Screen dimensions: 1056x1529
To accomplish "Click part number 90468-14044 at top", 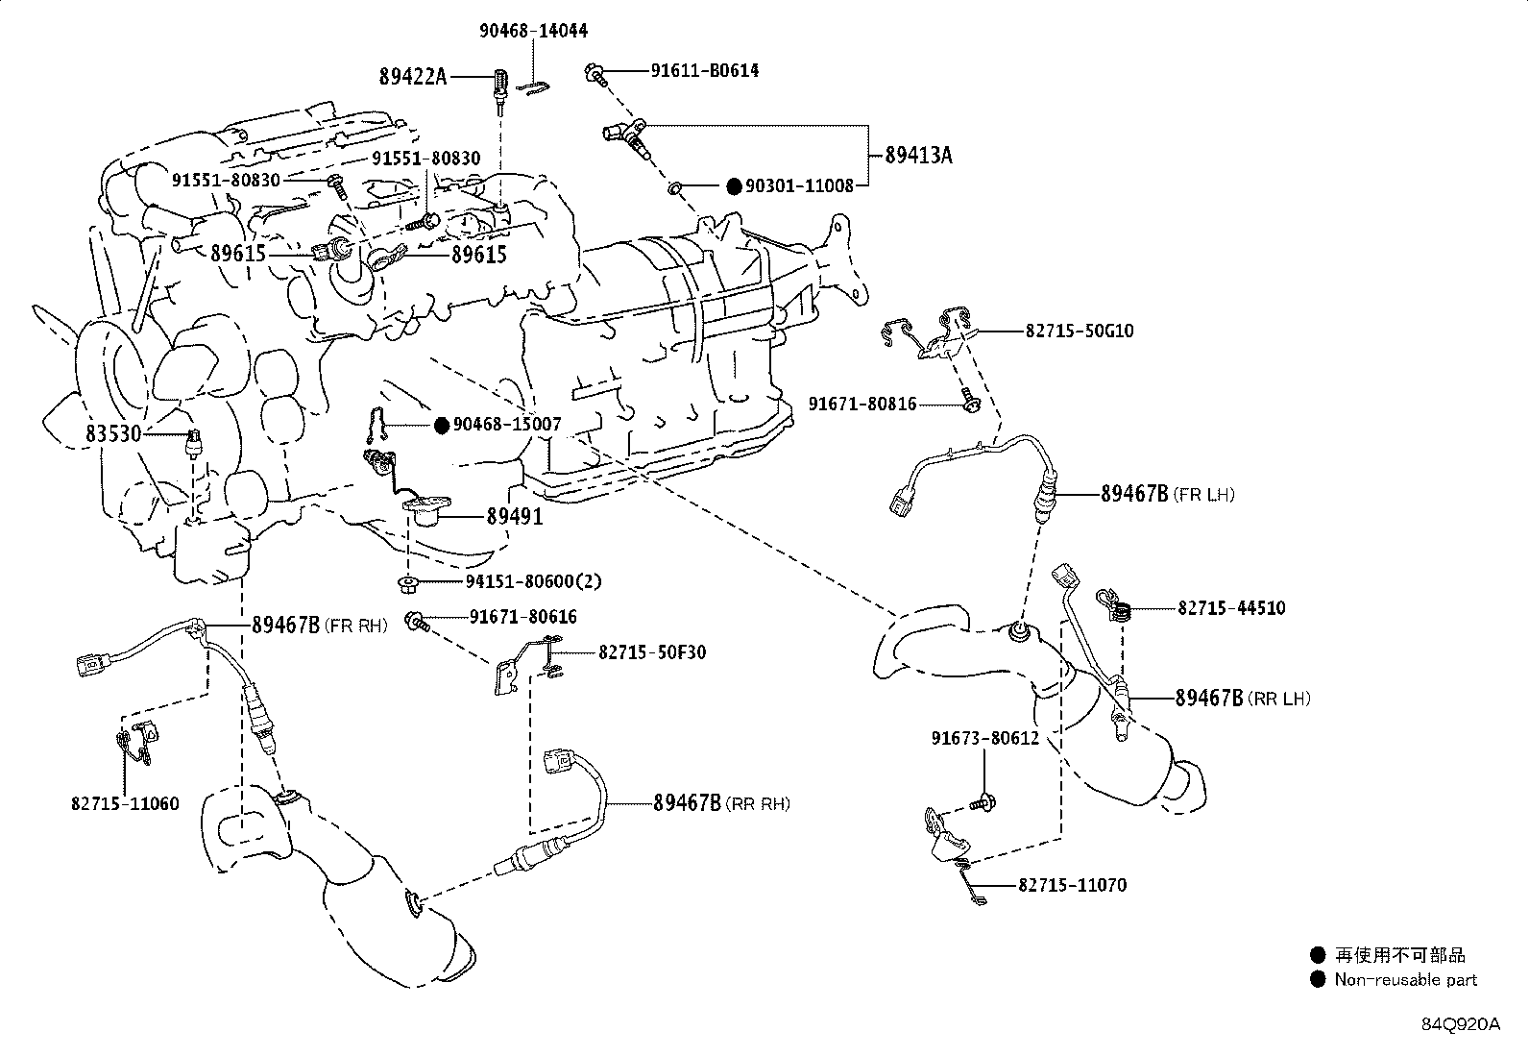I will (533, 31).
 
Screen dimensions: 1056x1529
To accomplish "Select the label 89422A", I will (413, 76).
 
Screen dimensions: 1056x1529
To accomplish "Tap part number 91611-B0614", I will (704, 70).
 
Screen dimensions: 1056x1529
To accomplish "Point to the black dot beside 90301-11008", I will (734, 186).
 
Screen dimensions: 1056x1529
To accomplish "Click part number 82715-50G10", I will (1080, 331).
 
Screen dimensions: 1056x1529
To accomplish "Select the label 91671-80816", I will (862, 405).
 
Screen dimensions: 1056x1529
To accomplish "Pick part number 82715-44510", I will (1231, 608).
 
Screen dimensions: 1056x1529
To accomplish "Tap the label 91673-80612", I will (984, 739).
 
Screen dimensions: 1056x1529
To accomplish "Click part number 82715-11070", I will (1073, 885).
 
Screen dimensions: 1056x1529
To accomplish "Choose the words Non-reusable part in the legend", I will (1405, 980).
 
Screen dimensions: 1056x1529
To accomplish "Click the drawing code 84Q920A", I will (1460, 1024).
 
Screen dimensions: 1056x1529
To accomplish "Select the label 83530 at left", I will (113, 434).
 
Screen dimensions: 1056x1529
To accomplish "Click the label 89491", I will (514, 517).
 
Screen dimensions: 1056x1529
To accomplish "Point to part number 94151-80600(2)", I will (534, 582).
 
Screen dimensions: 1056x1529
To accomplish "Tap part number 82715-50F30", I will (652, 652).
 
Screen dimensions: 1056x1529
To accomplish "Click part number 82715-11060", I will (125, 804).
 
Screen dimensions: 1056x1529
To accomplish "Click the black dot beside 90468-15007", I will (441, 425).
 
